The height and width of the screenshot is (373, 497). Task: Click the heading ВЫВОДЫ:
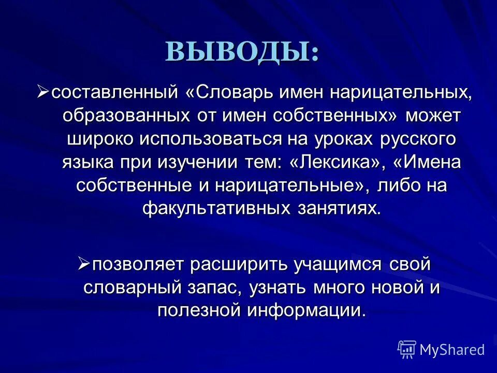(242, 52)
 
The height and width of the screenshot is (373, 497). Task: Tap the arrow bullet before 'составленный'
(44, 92)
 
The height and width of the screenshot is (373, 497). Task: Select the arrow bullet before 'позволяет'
(84, 264)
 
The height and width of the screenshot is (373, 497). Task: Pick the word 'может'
(433, 117)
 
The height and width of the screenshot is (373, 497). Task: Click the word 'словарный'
(136, 288)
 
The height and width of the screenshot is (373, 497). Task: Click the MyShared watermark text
(452, 350)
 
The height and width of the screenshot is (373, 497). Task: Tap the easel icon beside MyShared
(407, 349)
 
